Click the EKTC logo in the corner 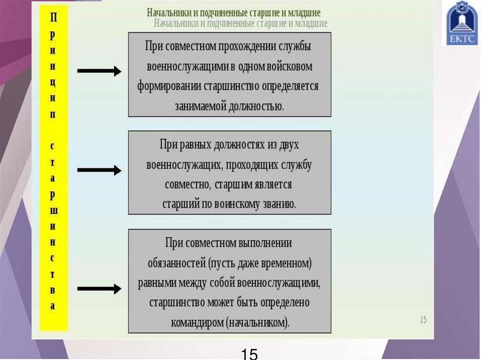[x=463, y=23]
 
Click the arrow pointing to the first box [x=99, y=71]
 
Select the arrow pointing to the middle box [x=99, y=170]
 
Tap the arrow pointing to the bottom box [x=99, y=289]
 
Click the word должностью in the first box [x=256, y=106]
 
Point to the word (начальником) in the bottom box [x=257, y=323]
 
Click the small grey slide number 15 [x=423, y=320]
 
